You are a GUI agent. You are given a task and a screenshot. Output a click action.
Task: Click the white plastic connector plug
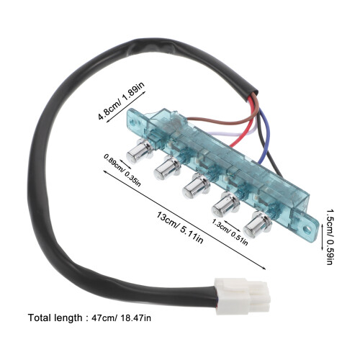(243, 296)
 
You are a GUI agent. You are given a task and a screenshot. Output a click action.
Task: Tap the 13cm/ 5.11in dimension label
(180, 228)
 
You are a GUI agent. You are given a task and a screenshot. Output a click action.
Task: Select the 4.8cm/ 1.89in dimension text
(122, 102)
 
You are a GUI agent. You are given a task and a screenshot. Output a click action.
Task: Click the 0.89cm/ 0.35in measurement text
(122, 170)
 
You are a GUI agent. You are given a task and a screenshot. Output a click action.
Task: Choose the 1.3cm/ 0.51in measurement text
(230, 232)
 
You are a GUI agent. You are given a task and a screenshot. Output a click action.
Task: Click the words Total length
(55, 318)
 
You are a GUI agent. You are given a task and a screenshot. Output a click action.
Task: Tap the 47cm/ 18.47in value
(122, 318)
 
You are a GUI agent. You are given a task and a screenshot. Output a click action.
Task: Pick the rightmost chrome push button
(257, 225)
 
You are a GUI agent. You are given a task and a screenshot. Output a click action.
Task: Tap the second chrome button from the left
(167, 168)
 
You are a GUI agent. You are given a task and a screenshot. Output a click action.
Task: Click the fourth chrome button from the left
(225, 204)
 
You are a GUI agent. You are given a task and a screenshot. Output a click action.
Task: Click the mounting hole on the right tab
(307, 230)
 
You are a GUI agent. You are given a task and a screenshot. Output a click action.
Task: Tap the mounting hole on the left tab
(133, 123)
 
